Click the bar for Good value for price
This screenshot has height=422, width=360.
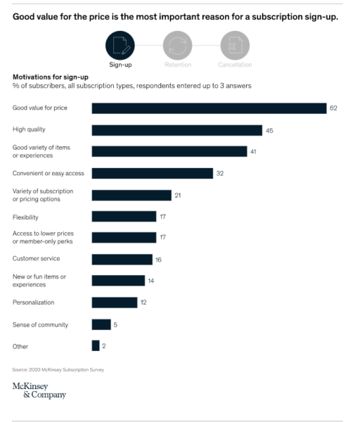pyautogui.click(x=209, y=108)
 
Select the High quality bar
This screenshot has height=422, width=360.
pyautogui.click(x=176, y=130)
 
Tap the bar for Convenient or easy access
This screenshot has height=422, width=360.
pyautogui.click(x=152, y=173)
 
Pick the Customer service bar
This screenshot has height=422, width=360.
pyautogui.click(x=122, y=260)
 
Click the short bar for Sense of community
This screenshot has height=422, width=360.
pyautogui.click(x=101, y=324)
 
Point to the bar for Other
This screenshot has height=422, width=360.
pyautogui.click(x=96, y=346)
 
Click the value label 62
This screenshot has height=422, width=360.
pyautogui.click(x=334, y=108)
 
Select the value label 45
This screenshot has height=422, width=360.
pyautogui.click(x=269, y=130)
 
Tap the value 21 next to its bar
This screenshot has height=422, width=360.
pyautogui.click(x=178, y=195)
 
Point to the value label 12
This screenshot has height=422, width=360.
pyautogui.click(x=144, y=302)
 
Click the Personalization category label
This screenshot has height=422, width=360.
pyautogui.click(x=33, y=302)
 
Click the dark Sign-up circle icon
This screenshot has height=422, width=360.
pyautogui.click(x=120, y=46)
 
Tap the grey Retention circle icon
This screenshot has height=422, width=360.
pyautogui.click(x=176, y=46)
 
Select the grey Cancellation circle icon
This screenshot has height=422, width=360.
pyautogui.click(x=235, y=46)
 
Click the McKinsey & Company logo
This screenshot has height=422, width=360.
pyautogui.click(x=39, y=390)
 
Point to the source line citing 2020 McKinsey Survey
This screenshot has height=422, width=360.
pyautogui.click(x=58, y=369)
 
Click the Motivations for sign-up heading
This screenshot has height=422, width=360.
pyautogui.click(x=46, y=77)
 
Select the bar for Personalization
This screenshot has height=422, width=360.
pyautogui.click(x=115, y=302)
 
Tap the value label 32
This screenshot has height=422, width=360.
pyautogui.click(x=220, y=173)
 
